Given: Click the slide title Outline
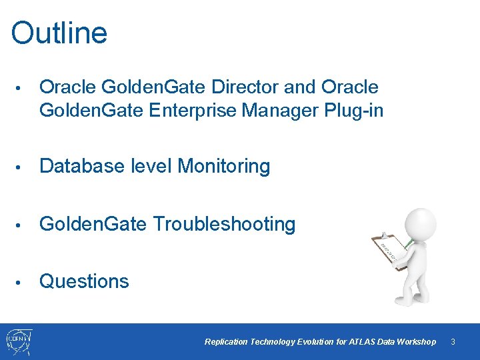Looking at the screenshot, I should [x=59, y=33].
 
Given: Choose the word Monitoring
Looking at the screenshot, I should [x=223, y=166].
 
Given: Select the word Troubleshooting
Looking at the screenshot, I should [x=225, y=224].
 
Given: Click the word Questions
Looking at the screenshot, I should [x=84, y=281].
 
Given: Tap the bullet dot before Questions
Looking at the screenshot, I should [x=21, y=282].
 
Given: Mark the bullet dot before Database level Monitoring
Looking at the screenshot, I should [x=21, y=167].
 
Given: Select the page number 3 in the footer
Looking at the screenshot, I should [x=453, y=342].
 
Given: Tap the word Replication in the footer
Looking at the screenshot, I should [x=226, y=342].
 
